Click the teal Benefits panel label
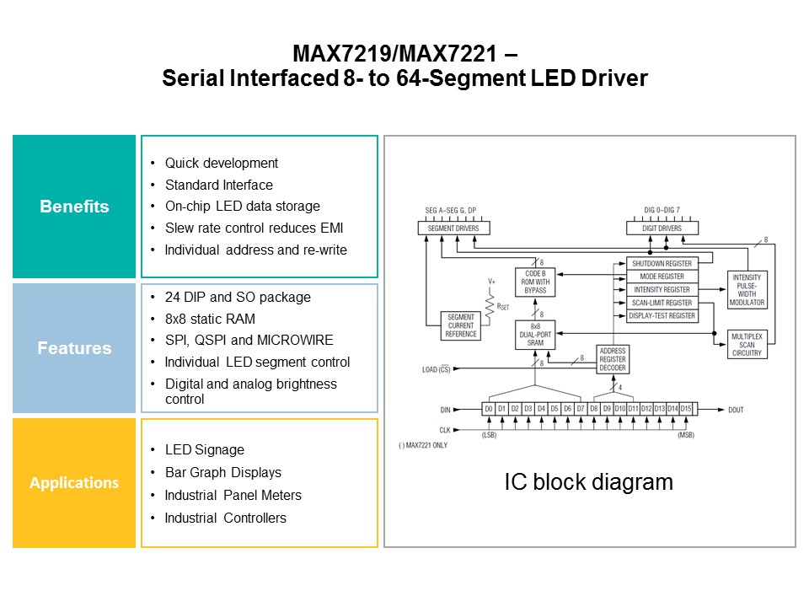74,207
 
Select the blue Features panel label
74,348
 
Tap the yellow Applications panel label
74,483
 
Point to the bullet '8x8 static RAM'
210,319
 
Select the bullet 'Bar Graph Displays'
222,472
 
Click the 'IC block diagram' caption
588,482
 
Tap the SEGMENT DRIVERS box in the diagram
453,228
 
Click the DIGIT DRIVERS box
662,228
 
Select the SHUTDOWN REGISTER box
662,264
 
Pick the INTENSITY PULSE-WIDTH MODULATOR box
747,290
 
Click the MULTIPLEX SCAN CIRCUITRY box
747,345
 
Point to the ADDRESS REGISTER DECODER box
612,358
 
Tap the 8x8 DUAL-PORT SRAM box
535,335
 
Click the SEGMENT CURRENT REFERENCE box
460,325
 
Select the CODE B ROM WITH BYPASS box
535,282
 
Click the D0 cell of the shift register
488,409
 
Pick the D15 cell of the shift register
686,409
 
